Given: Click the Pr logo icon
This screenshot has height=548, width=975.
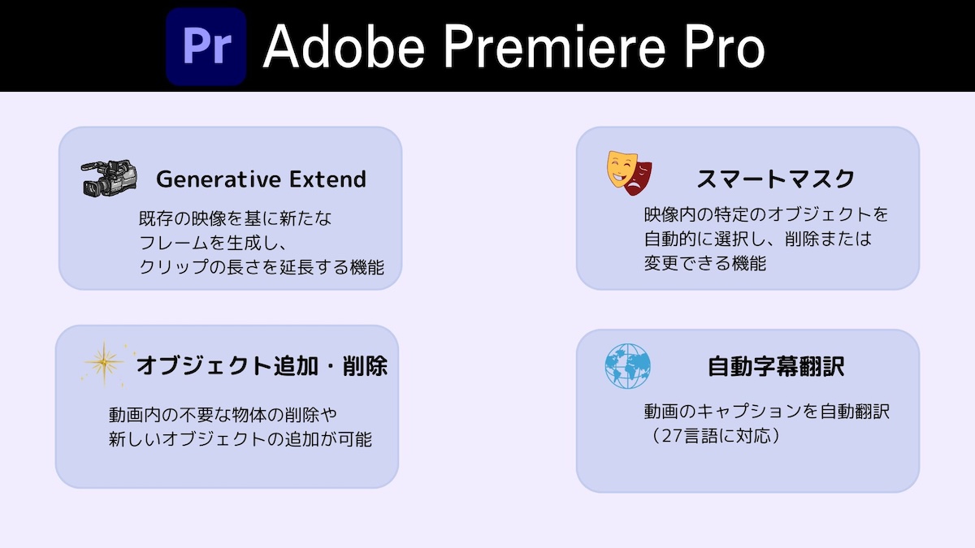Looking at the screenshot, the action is (x=206, y=46).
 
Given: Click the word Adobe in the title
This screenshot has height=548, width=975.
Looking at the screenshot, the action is (x=344, y=46).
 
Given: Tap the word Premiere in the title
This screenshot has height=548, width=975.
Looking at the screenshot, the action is (x=554, y=46).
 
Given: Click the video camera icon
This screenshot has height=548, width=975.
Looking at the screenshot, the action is (x=109, y=178).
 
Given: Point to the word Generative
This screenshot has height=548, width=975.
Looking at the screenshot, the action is (x=219, y=179).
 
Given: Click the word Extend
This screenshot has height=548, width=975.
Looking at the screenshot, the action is (x=327, y=179).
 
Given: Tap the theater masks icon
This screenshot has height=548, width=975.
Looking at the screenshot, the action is (x=630, y=173).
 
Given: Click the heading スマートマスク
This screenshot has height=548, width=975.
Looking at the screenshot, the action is (x=776, y=179).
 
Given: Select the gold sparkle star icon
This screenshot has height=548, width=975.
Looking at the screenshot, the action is (x=105, y=364).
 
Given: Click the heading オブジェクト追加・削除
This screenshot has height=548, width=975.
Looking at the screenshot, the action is (x=262, y=365).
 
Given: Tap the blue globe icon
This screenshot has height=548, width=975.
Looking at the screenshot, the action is (x=627, y=366).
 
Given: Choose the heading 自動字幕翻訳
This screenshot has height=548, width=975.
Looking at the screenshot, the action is (x=776, y=366).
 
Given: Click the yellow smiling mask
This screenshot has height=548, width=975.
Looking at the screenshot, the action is (x=622, y=169).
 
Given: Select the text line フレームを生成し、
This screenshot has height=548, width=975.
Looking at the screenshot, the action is (x=212, y=243).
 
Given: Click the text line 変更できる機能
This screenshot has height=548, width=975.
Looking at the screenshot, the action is (x=705, y=263).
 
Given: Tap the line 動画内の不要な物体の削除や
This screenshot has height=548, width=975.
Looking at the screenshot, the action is (x=223, y=415).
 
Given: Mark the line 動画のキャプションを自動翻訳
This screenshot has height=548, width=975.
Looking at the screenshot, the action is (x=767, y=412).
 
